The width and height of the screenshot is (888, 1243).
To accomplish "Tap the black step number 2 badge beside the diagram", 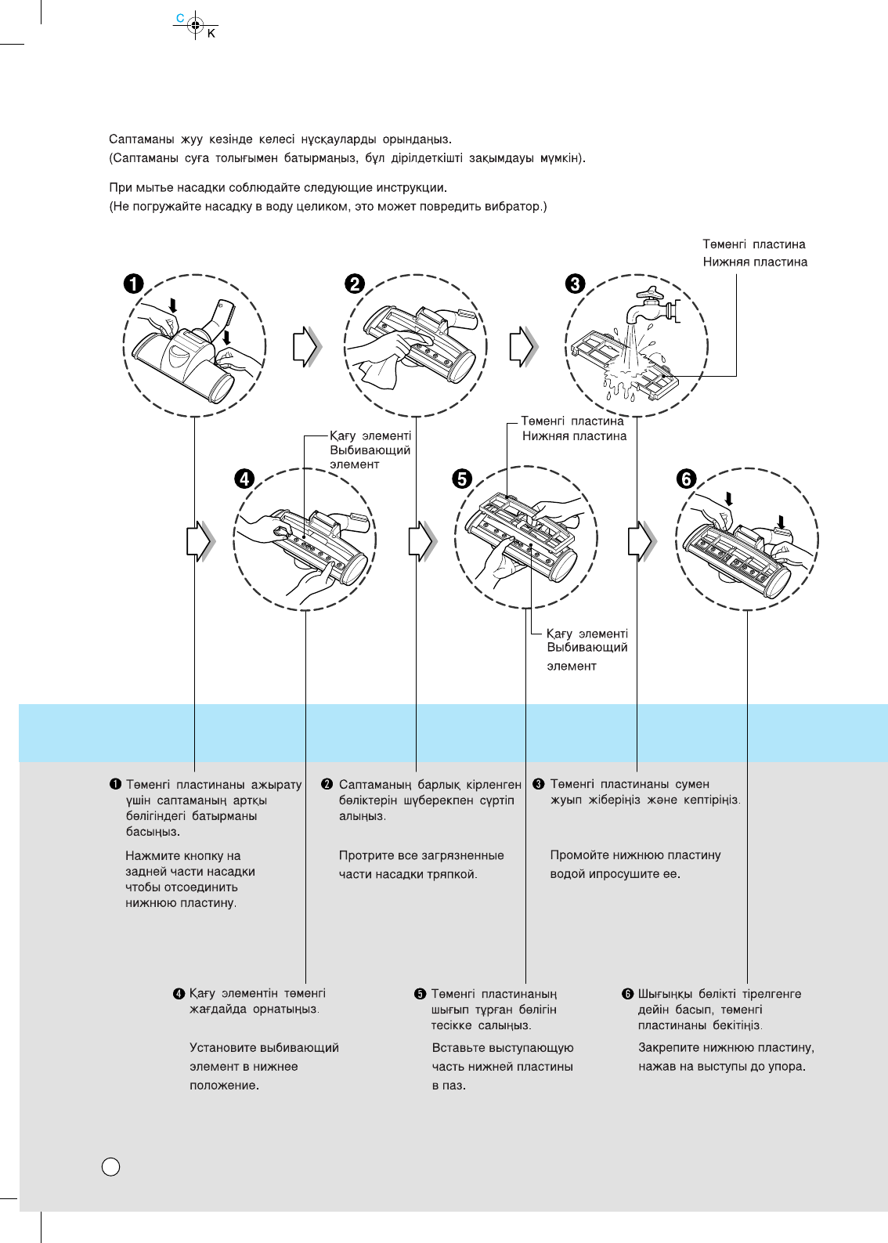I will [x=355, y=284].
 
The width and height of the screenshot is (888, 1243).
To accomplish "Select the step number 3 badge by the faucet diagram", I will [x=576, y=284].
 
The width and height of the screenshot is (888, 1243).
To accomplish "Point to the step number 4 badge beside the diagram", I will [x=245, y=478].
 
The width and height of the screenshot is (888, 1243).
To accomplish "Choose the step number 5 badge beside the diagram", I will [x=463, y=478].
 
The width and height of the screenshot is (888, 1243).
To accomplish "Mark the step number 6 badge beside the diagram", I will [x=686, y=478].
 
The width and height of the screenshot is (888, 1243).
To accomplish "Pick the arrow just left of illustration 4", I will [x=200, y=540].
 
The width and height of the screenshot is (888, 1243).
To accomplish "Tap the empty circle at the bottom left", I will [x=111, y=1166].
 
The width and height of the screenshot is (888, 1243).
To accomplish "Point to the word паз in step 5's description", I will [x=453, y=1086].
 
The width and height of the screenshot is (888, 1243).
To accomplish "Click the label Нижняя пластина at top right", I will [x=755, y=262].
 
